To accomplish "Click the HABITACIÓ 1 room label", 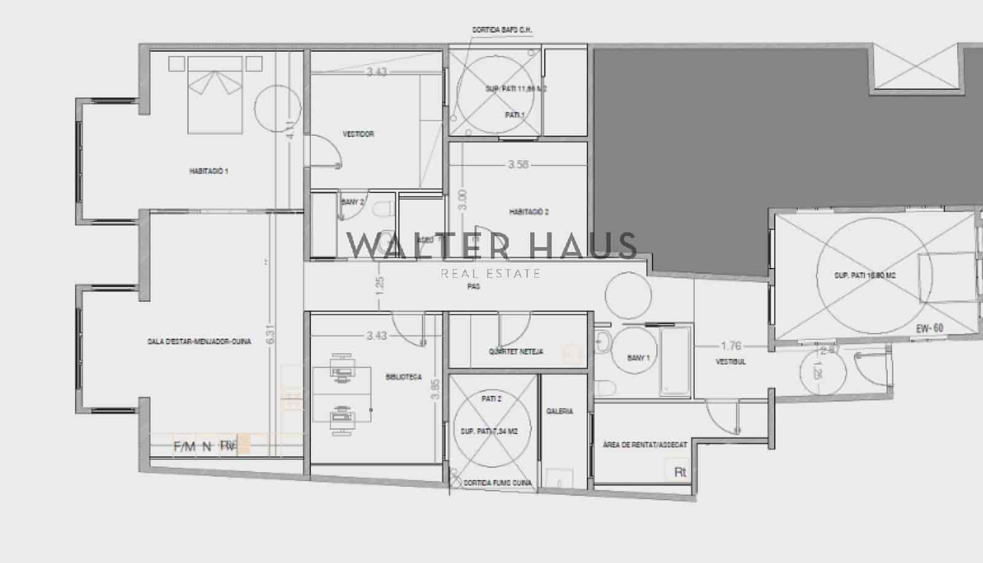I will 208,171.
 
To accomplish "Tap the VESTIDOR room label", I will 358,134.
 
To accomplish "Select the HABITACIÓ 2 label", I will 528,212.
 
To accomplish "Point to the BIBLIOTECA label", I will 404,377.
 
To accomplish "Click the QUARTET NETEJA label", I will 515,352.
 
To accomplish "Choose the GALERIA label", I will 559,411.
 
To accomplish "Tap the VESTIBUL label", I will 730,362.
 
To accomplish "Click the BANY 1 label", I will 638,358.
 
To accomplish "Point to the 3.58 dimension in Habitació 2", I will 518,165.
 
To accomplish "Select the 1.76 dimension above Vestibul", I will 731,346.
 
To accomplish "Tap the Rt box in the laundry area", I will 679,472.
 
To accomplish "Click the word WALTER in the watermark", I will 428,245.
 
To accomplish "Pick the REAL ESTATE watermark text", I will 490,274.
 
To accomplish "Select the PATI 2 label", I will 491,399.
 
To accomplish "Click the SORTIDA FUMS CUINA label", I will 498,483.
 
